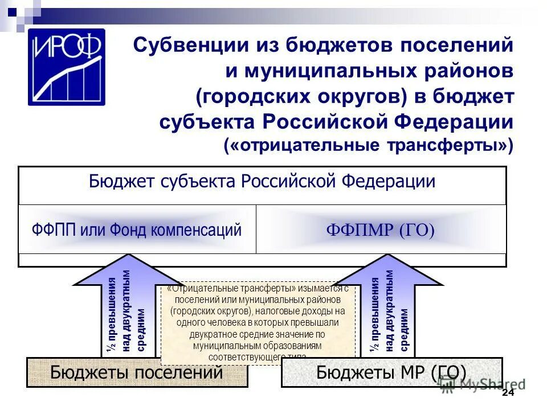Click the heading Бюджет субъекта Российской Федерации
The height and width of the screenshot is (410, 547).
point(262,182)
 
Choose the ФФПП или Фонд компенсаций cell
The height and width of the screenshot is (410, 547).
point(137,230)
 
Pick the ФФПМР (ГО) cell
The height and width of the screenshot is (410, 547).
point(380,230)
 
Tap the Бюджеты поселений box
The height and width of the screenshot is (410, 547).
point(137,372)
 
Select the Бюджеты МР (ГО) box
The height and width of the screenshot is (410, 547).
point(391,372)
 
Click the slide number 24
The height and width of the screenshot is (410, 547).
point(508,394)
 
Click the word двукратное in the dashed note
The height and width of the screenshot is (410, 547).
point(211,334)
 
